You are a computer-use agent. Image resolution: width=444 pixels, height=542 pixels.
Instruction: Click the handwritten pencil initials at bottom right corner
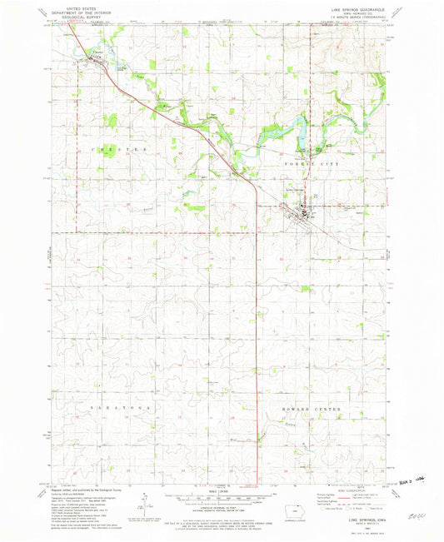coord(410,515)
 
